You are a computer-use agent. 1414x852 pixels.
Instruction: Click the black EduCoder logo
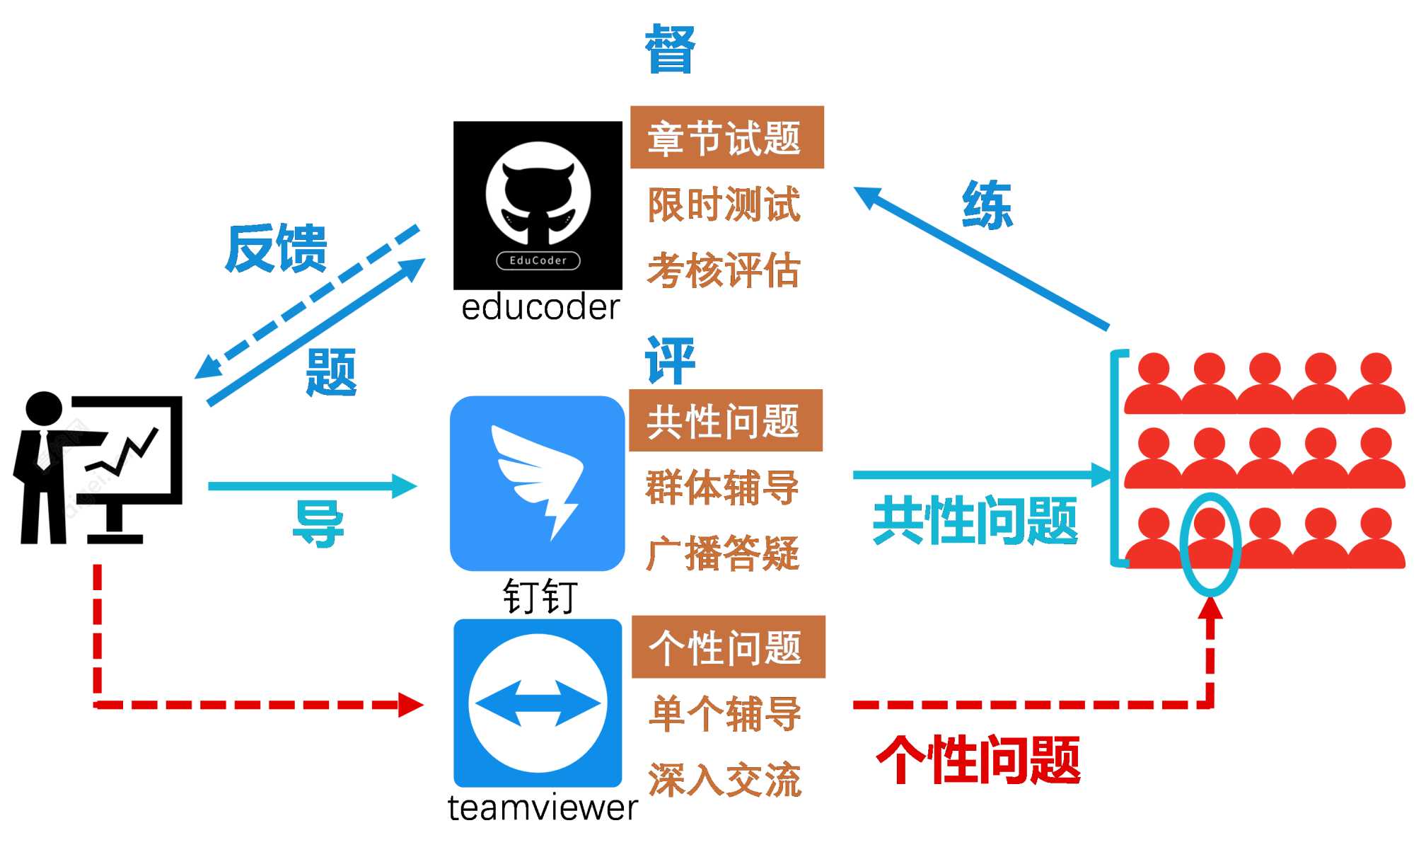point(538,205)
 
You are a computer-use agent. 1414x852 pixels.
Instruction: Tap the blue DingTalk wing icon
point(538,483)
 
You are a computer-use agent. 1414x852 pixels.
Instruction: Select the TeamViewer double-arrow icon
point(538,703)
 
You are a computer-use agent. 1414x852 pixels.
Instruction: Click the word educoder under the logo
point(540,308)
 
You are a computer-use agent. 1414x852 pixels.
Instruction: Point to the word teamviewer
point(543,808)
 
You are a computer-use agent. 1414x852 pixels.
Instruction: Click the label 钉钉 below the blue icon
point(540,596)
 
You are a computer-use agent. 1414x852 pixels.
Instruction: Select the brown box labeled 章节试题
point(726,137)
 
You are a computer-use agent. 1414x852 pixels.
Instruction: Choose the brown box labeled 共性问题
point(725,420)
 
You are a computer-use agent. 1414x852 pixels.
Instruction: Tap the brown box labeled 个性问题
point(728,647)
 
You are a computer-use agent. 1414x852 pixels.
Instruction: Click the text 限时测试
point(724,205)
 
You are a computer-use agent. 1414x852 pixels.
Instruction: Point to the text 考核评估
point(724,270)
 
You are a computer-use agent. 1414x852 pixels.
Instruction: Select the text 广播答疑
point(723,553)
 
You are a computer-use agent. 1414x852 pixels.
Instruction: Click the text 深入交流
point(725,780)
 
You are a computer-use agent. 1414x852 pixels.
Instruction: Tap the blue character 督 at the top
point(669,49)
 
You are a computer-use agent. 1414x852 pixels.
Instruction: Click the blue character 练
point(987,205)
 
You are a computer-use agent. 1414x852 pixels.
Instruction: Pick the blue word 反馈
point(276,248)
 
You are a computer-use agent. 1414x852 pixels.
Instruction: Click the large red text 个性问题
point(978,760)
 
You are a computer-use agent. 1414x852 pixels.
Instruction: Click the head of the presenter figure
point(44,408)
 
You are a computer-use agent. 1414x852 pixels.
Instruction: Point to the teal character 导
point(318,524)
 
